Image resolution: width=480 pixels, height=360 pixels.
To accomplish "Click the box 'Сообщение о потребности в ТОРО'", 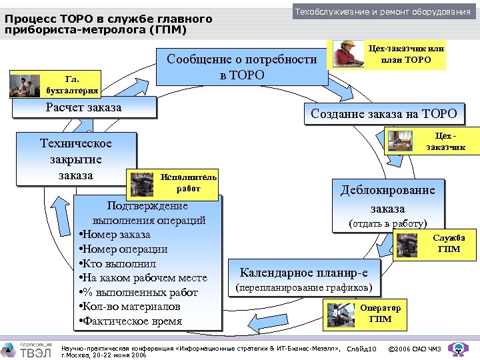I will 241,67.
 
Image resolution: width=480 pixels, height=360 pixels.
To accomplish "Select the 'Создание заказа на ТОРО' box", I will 383,113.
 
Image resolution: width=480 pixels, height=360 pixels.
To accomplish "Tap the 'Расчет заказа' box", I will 83,107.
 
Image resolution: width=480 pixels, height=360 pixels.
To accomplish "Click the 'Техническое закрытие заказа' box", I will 75,159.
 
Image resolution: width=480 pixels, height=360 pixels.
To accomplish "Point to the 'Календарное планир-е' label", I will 308,273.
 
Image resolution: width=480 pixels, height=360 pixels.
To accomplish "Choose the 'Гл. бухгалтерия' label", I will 73,85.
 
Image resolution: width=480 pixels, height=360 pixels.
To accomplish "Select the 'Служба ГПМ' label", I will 449,243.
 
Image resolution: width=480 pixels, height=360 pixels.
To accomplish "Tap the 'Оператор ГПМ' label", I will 380,313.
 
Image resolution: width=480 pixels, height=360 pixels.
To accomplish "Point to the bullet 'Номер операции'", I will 123,249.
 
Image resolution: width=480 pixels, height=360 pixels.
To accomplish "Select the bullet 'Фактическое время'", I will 131,321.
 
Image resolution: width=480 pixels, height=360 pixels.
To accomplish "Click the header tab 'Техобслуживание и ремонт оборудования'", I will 383,11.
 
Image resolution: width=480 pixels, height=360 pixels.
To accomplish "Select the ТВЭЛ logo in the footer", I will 25,347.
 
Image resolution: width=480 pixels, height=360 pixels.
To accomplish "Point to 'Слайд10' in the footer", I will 362,349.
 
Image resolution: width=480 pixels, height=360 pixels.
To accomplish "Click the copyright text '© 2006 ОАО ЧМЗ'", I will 413,349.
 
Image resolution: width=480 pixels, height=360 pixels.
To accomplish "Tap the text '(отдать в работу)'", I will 388,223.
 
